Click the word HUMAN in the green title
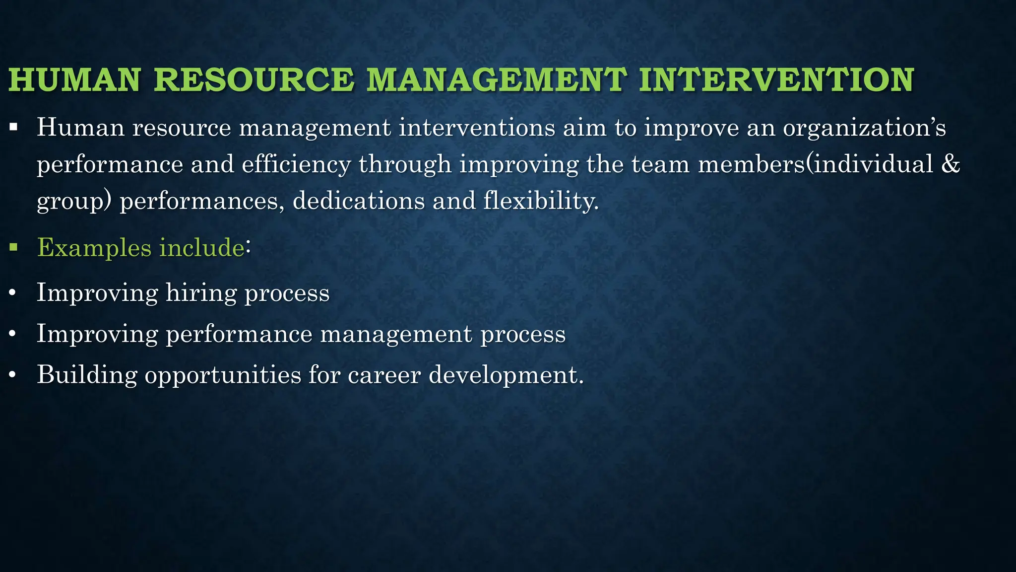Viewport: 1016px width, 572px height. [74, 80]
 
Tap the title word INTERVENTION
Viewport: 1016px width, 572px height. [776, 80]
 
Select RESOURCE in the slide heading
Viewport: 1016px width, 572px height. [254, 80]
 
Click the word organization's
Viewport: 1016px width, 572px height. [864, 128]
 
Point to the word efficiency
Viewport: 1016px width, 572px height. [296, 165]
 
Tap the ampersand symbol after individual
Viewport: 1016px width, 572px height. [950, 164]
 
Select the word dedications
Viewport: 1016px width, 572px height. [358, 201]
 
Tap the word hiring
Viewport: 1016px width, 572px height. [201, 293]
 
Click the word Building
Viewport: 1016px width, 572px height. [87, 374]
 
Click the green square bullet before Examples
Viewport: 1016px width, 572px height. [13, 246]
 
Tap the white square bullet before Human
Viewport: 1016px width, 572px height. [13, 127]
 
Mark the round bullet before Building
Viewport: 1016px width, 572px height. [12, 375]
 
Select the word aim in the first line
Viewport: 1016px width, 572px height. [584, 128]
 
